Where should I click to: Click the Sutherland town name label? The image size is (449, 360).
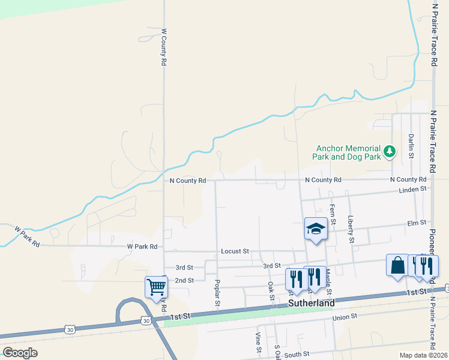pos(312,304)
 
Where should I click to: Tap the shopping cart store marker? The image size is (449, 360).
pos(156,287)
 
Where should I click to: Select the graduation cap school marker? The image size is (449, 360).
pos(316,229)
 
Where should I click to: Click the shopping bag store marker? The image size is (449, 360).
pos(397,265)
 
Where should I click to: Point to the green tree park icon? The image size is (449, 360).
pos(390,151)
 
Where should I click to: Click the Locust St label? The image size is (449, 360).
pos(234,251)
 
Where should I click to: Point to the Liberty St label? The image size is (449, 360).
pos(351,230)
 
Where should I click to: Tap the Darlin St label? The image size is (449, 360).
pos(411,146)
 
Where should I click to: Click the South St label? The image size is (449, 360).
pos(297,355)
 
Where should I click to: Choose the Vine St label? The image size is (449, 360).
pos(258,342)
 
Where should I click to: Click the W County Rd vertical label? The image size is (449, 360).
pos(163,46)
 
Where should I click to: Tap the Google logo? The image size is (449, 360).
pos(20,352)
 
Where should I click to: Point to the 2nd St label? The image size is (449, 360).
pos(184,280)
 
